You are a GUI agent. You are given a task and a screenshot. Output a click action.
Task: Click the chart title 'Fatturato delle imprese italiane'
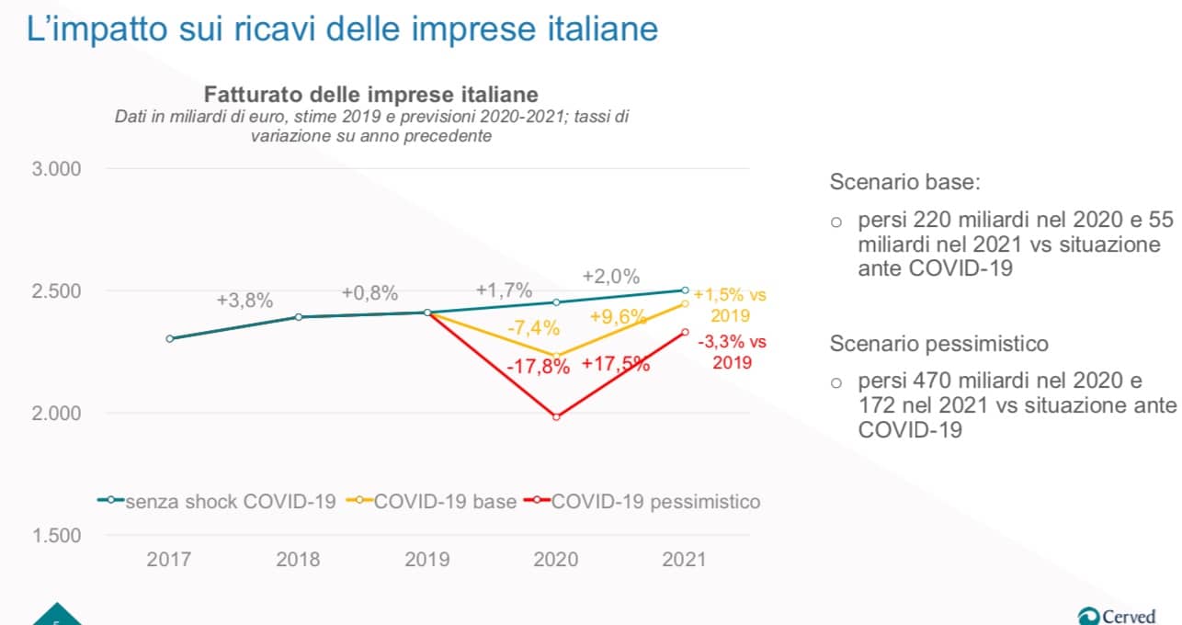[x=370, y=95]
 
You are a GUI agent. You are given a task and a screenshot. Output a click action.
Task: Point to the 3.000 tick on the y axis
[x=57, y=169]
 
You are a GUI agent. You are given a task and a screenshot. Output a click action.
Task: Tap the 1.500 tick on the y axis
[x=57, y=536]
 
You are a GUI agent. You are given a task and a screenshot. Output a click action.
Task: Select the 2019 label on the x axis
[x=427, y=559]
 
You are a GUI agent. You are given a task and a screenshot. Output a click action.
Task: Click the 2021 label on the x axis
[x=685, y=559]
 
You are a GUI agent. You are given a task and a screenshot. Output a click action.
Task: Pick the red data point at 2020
[x=556, y=417]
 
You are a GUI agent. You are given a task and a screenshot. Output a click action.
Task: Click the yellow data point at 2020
[x=556, y=356]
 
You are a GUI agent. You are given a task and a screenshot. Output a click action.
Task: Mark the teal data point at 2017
[x=170, y=338]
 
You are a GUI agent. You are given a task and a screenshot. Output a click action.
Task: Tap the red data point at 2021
[x=685, y=332]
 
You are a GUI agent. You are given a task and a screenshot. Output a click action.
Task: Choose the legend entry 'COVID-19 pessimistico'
[x=656, y=502]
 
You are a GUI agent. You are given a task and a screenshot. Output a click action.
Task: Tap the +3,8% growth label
[x=244, y=300]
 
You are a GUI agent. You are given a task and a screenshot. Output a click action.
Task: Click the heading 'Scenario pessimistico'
[x=938, y=344]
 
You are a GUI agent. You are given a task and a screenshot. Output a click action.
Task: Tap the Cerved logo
[x=1118, y=615]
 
